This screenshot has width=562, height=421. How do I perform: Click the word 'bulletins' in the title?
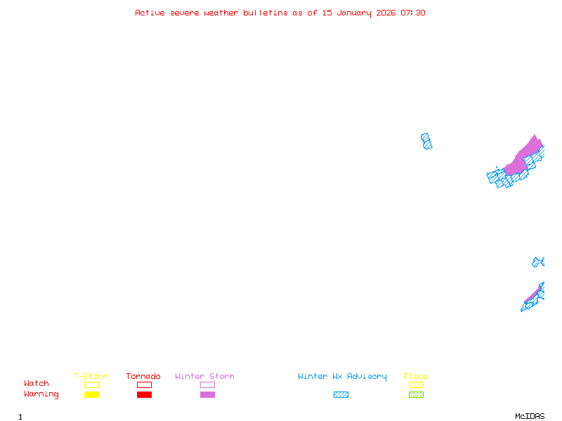(x=266, y=13)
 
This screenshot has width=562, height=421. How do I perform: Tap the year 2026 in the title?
(x=386, y=13)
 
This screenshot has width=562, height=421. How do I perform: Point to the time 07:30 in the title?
(x=413, y=13)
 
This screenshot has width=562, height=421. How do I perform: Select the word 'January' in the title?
(x=354, y=13)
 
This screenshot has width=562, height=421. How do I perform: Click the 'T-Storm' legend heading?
(x=91, y=376)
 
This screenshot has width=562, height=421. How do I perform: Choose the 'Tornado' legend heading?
(x=143, y=376)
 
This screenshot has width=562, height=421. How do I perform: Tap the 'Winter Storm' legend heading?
(x=204, y=376)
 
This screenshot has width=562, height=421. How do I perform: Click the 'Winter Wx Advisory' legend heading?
(x=342, y=377)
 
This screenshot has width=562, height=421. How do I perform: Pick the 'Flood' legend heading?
(x=416, y=376)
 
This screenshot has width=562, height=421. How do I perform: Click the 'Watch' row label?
(x=37, y=383)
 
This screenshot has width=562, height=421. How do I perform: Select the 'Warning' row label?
(x=41, y=394)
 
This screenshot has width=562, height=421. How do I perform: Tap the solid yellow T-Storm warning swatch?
(x=92, y=394)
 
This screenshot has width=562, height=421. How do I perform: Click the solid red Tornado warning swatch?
(x=145, y=394)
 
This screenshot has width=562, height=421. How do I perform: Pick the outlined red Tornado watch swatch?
(x=145, y=385)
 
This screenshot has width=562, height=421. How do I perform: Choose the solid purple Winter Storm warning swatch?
(x=207, y=394)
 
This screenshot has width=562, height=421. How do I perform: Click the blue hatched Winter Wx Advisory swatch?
(x=341, y=394)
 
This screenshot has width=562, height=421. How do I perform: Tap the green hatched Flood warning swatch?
(x=416, y=394)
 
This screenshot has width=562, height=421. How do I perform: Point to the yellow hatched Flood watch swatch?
(x=416, y=385)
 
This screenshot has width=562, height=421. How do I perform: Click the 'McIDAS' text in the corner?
(x=530, y=416)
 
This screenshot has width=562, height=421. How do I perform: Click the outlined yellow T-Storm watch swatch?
(x=92, y=385)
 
